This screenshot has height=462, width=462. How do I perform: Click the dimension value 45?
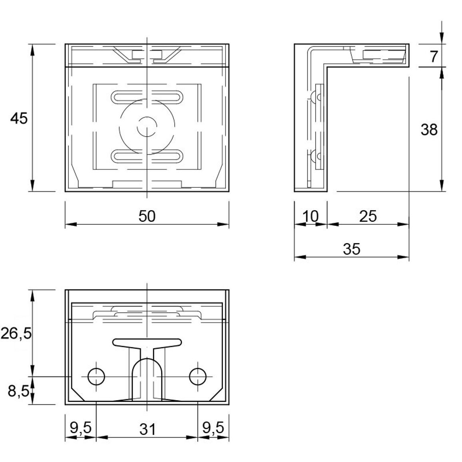(x=19, y=118)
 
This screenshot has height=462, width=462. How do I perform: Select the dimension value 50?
(x=147, y=216)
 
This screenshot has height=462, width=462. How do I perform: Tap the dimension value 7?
(x=433, y=57)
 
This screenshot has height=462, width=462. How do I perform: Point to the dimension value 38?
(x=429, y=129)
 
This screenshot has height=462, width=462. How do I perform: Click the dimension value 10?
(x=311, y=216)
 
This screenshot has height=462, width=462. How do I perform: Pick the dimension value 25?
(x=368, y=216)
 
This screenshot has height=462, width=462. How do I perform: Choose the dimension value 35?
(x=352, y=249)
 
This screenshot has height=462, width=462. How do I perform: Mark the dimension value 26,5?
(x=16, y=334)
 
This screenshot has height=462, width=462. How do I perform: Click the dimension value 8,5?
(x=18, y=391)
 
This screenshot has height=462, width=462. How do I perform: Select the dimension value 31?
(x=147, y=429)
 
